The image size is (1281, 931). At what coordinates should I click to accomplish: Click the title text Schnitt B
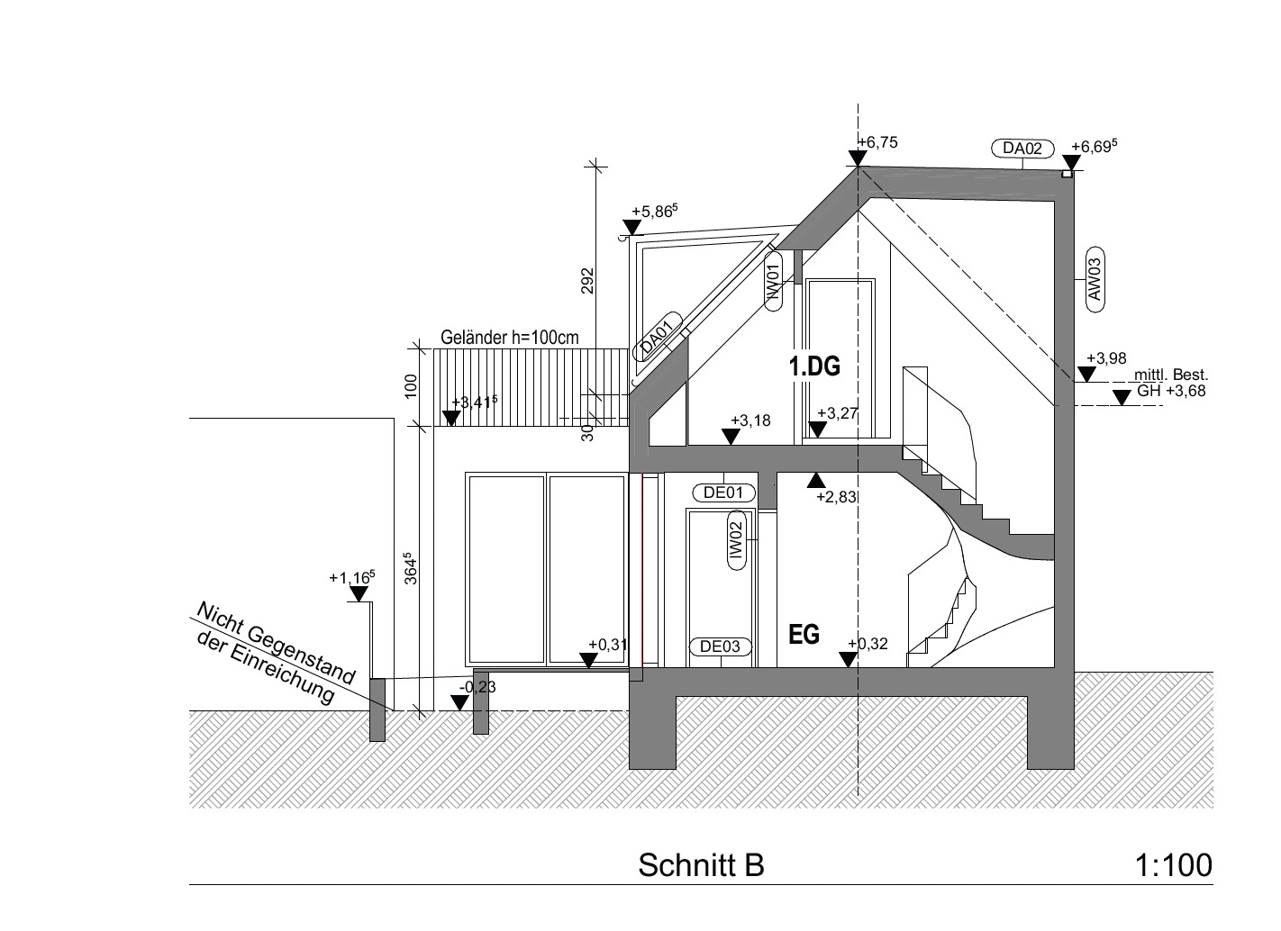tap(701, 864)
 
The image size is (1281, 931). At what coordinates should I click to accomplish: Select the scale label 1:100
tap(1173, 864)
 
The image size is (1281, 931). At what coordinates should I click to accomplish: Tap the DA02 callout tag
tap(1022, 149)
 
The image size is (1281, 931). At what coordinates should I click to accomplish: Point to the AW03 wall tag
tap(1095, 279)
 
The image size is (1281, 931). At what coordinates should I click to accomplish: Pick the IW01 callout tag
tap(772, 280)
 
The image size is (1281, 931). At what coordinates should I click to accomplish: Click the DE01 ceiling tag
tap(722, 493)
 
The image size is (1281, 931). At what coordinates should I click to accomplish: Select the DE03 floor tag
tap(720, 646)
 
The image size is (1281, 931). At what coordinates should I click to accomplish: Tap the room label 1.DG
tap(814, 366)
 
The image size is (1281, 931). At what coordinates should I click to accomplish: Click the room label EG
tap(804, 635)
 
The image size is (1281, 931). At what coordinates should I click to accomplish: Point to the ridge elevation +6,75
tap(877, 142)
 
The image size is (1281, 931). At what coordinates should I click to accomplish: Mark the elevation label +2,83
tap(836, 496)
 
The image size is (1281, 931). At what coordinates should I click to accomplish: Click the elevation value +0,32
tap(868, 643)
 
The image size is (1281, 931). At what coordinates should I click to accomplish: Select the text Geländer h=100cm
tap(509, 338)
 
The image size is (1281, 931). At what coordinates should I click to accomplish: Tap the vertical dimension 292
tap(587, 280)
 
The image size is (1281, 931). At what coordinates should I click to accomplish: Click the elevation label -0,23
tap(477, 687)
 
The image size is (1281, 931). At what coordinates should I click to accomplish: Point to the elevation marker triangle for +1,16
tap(359, 594)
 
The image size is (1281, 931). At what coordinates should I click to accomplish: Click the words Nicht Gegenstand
tap(276, 643)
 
